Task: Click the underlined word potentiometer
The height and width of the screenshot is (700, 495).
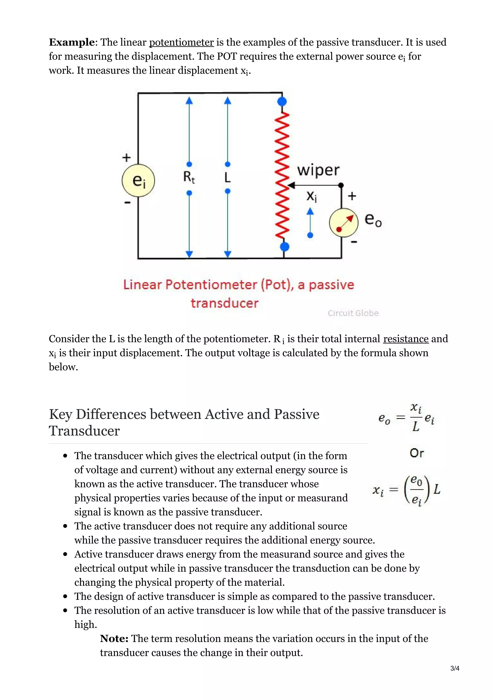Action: (x=181, y=42)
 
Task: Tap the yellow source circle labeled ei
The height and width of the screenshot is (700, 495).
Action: (x=138, y=180)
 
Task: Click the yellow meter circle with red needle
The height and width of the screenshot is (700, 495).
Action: (x=344, y=222)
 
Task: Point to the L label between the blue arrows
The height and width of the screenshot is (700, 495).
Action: (x=227, y=178)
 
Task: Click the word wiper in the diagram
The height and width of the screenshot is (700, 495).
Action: (x=318, y=170)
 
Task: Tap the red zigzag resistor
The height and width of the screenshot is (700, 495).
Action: (x=282, y=174)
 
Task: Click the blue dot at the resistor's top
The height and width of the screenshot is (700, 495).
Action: (x=282, y=101)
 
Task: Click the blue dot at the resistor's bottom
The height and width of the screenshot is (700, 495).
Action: (x=284, y=246)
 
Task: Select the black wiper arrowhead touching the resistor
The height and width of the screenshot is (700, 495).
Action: (x=291, y=185)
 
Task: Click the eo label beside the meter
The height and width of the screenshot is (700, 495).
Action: (x=373, y=220)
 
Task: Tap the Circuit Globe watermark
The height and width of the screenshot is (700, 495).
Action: (x=353, y=313)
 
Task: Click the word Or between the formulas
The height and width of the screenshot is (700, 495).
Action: (x=417, y=453)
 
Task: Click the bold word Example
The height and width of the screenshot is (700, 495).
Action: (x=72, y=42)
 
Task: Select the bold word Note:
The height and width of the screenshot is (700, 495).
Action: (x=114, y=638)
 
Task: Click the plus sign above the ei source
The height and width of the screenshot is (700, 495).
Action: (x=126, y=158)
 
